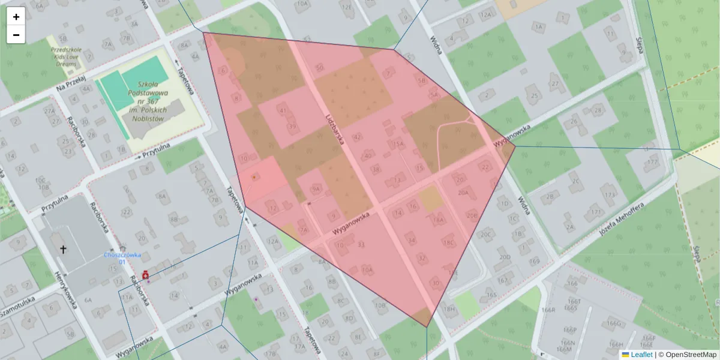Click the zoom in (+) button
(x=16, y=17)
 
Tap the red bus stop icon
(x=145, y=275)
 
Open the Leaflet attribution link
(x=641, y=355)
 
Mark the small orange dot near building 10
(x=254, y=177)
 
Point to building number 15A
(x=397, y=145)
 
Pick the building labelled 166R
(x=548, y=310)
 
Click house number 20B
(x=472, y=215)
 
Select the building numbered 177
(x=652, y=163)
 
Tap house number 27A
(x=49, y=112)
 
